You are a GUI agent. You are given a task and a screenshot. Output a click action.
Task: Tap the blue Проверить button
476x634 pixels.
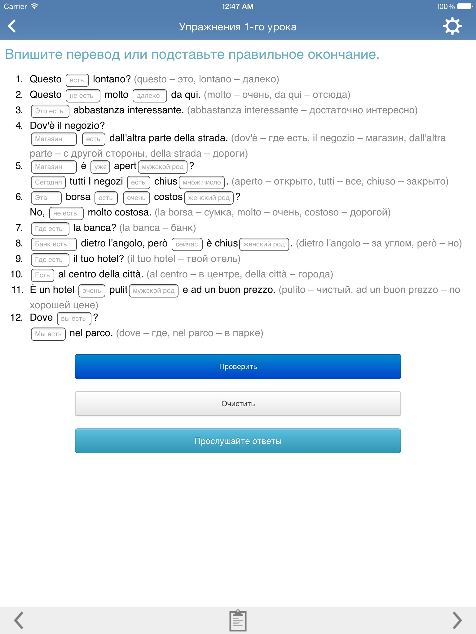click(238, 367)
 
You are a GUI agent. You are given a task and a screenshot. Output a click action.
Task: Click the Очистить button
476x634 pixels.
click(238, 404)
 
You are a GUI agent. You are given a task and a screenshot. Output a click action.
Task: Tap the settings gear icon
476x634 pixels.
click(452, 26)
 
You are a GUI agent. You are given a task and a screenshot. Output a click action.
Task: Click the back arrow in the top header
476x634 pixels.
click(12, 26)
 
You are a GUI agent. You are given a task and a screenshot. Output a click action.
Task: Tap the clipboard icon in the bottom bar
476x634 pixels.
click(238, 620)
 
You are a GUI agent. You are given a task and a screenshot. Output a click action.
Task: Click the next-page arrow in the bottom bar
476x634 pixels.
click(457, 620)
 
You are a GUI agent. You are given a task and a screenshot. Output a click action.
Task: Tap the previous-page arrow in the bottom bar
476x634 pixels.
click(19, 620)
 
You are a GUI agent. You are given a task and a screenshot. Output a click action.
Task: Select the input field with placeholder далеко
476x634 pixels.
click(150, 96)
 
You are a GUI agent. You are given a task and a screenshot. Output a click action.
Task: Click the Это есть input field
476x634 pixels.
click(50, 111)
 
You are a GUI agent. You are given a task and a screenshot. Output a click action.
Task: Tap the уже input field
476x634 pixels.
click(100, 167)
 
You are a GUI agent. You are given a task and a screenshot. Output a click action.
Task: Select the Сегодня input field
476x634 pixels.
click(48, 182)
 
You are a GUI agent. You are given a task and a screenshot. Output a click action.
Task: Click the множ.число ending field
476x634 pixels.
click(202, 182)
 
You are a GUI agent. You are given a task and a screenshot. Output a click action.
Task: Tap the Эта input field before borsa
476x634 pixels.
click(46, 198)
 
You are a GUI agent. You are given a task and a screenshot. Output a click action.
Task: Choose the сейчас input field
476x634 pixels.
click(187, 244)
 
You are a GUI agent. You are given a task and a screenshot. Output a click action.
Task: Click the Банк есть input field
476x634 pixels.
click(54, 244)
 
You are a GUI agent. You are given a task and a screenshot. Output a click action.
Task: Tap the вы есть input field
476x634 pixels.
click(74, 319)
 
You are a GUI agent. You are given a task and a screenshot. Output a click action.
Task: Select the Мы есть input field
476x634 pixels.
click(48, 334)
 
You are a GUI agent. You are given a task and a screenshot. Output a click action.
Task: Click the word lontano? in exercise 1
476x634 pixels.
click(112, 79)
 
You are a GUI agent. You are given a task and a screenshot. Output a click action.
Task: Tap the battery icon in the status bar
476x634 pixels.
click(465, 7)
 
